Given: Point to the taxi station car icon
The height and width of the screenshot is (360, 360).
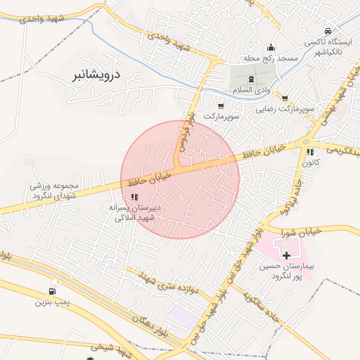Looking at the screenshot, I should click(328, 31).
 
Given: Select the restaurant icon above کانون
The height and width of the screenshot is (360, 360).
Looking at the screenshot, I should click(310, 151).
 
